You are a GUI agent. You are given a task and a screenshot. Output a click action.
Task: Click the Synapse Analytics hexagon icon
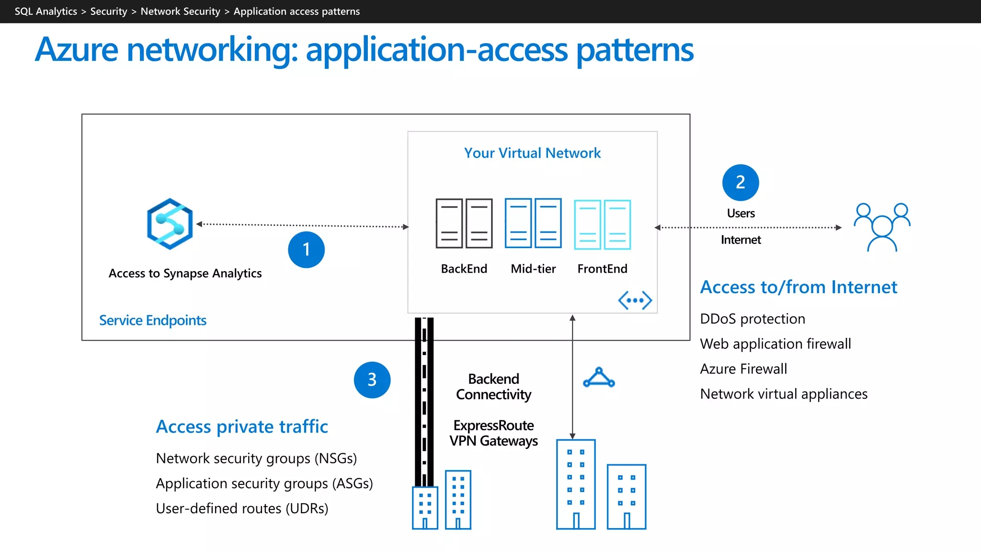pyautogui.click(x=170, y=224)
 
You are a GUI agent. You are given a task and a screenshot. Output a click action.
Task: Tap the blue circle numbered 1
pyautogui.click(x=306, y=250)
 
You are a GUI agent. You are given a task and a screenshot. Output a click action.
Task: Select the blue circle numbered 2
pyautogui.click(x=741, y=183)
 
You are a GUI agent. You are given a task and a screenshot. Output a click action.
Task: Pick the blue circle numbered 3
pyautogui.click(x=372, y=380)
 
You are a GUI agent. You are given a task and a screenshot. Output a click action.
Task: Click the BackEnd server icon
pyautogui.click(x=464, y=223)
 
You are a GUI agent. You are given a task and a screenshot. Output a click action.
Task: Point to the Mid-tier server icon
pyautogui.click(x=533, y=223)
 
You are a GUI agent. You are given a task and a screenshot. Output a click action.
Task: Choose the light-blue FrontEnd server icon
pyautogui.click(x=602, y=225)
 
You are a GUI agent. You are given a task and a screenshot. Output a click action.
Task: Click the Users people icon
pyautogui.click(x=882, y=227)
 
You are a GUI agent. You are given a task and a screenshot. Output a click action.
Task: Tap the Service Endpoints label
pyautogui.click(x=153, y=320)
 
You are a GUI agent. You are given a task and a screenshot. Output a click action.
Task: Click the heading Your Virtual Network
pyautogui.click(x=532, y=153)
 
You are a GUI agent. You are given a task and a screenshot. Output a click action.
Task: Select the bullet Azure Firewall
pyautogui.click(x=743, y=369)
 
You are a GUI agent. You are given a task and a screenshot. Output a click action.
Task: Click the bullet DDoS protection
pyautogui.click(x=753, y=319)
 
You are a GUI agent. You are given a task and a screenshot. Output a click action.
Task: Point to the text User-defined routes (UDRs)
pyautogui.click(x=242, y=508)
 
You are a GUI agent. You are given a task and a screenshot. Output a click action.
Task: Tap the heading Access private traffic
pyautogui.click(x=242, y=426)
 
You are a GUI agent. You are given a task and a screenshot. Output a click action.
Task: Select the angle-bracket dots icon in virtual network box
pyautogui.click(x=635, y=300)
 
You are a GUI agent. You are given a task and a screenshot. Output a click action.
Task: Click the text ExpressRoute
pyautogui.click(x=493, y=425)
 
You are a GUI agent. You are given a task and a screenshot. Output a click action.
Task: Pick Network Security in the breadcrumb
pyautogui.click(x=180, y=11)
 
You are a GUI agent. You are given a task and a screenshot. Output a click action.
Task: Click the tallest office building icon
pyautogui.click(x=575, y=484)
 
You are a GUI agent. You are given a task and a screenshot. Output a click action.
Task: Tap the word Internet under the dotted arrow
pyautogui.click(x=741, y=240)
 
